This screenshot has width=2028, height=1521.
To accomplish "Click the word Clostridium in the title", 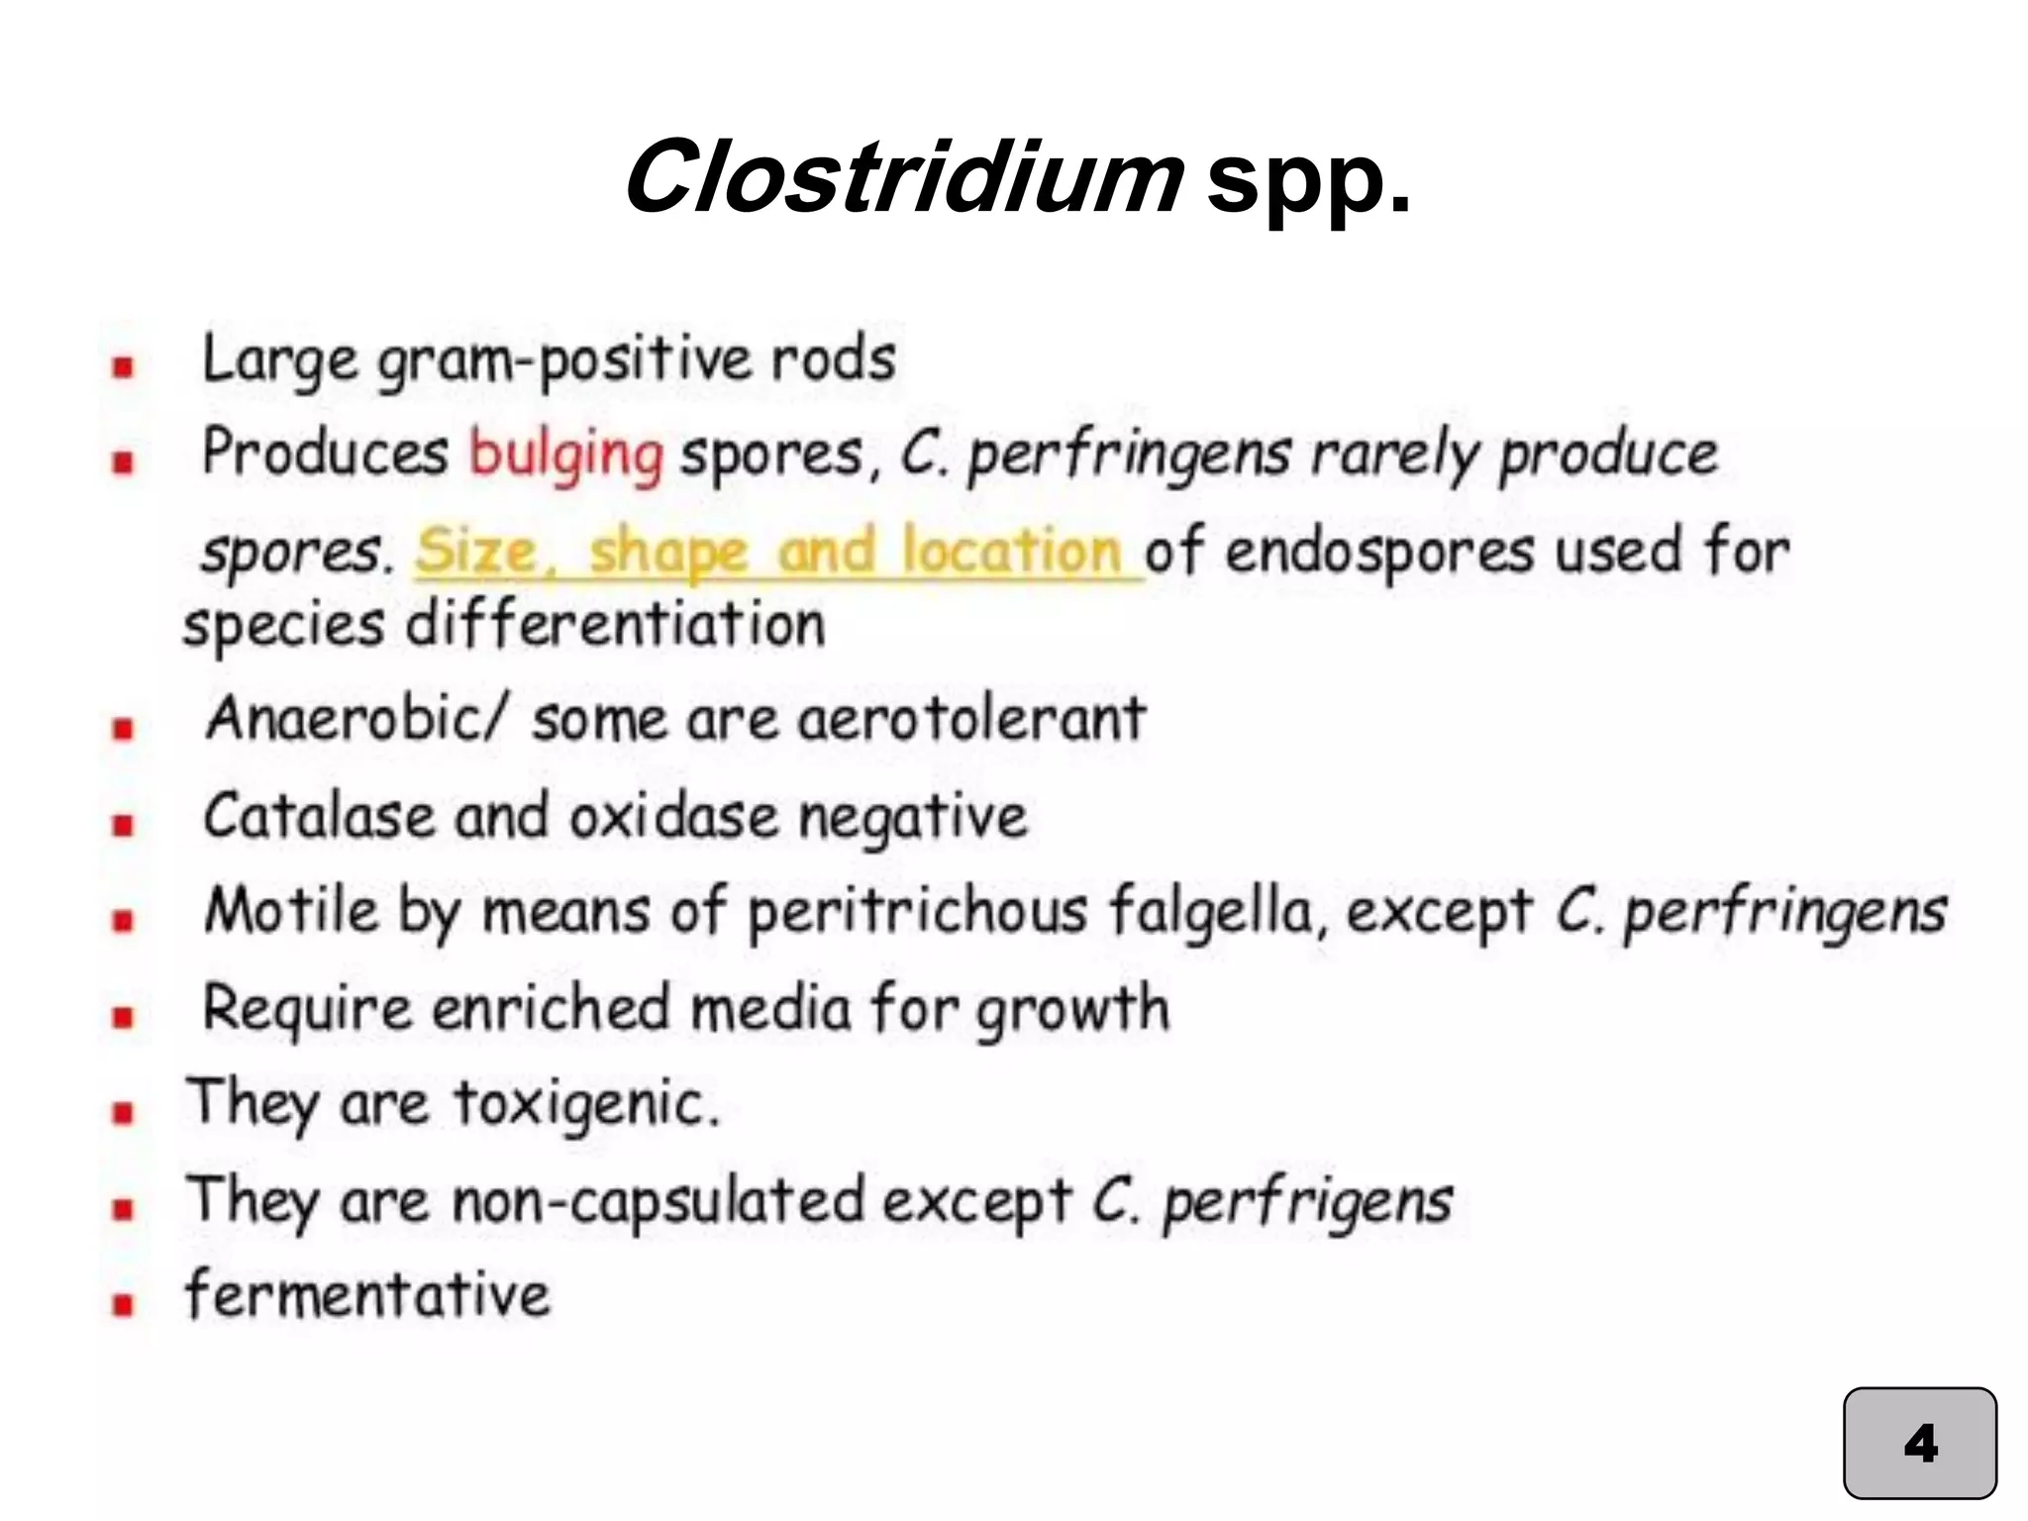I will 903,178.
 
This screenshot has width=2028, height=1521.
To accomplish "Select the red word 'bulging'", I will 565,456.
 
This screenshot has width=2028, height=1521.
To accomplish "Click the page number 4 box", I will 1919,1443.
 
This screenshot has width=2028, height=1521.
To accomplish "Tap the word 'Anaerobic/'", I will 356,718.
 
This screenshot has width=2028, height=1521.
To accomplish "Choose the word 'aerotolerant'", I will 971,718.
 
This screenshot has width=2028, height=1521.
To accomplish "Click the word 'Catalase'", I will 319,817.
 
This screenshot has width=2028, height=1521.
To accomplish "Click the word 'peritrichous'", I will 917,911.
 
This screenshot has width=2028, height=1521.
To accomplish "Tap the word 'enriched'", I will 551,1008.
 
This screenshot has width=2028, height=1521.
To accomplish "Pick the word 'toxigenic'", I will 584,1103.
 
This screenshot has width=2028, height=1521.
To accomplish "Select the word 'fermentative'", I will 367,1295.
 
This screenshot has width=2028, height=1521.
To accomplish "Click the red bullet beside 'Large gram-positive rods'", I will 123,368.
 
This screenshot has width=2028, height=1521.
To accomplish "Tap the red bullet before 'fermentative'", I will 123,1304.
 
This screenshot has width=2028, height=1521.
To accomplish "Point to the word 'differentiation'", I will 615,626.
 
